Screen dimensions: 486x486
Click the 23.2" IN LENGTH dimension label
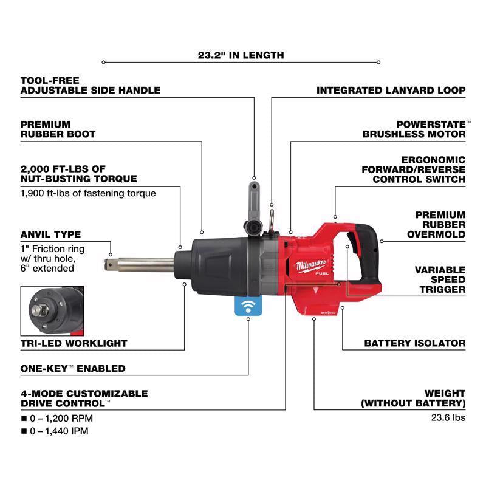pos(241,55)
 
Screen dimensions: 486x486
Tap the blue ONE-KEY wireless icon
pos(249,307)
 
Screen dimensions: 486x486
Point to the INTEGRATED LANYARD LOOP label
pos(391,91)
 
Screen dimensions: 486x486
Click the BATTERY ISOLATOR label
pos(414,343)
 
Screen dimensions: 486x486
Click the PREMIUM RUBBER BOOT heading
pos(58,129)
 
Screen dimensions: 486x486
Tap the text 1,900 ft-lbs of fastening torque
pos(88,193)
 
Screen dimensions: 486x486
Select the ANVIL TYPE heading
pos(50,234)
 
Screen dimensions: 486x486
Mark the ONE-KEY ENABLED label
pos(73,368)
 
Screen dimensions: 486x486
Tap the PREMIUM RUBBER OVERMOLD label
pos(440,224)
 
